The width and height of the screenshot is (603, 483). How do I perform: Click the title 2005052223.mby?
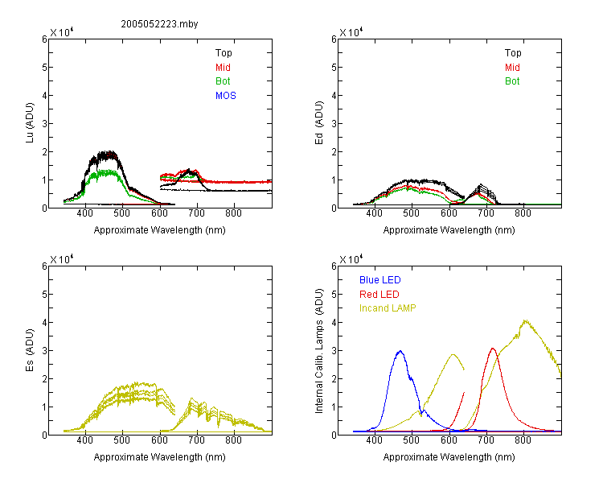click(x=159, y=24)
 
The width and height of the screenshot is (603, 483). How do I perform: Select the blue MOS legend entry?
click(x=226, y=96)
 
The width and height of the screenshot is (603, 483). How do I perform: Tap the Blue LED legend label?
click(x=380, y=279)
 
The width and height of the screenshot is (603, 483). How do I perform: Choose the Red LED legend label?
click(x=379, y=295)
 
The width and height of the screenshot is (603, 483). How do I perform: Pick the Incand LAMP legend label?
click(x=388, y=308)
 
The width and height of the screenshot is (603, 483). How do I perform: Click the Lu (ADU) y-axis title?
click(x=30, y=123)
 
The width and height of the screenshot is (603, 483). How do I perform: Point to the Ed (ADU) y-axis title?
click(x=319, y=123)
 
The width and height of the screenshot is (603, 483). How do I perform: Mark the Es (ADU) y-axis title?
click(x=30, y=350)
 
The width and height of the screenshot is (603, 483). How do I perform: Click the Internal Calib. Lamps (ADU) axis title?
click(x=319, y=350)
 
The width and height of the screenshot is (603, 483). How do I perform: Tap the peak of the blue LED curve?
click(x=400, y=351)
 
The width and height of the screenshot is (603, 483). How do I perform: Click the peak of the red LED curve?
click(x=493, y=349)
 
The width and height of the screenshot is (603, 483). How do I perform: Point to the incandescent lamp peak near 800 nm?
click(x=525, y=320)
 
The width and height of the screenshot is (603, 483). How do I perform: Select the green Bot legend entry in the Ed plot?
click(x=512, y=80)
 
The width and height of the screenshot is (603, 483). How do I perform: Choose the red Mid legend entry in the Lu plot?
click(x=223, y=68)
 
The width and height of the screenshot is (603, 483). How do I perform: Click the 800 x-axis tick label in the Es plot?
click(x=233, y=440)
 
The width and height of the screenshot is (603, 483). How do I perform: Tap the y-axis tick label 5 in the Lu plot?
click(x=44, y=67)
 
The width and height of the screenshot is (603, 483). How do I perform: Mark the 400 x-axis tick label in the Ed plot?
click(x=374, y=213)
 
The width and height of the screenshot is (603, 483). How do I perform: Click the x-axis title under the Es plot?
click(x=160, y=456)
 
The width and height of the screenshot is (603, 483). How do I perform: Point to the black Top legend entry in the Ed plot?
click(x=513, y=53)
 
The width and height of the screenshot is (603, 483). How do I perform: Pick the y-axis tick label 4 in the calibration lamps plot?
click(x=334, y=322)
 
